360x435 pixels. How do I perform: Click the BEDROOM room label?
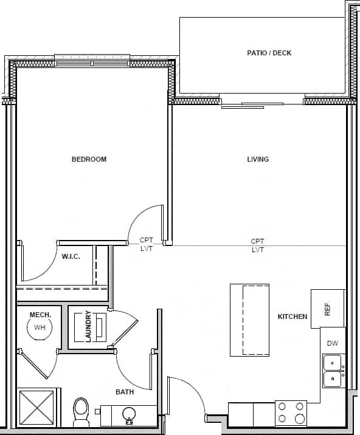click(89, 159)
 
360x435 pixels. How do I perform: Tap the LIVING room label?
click(258, 159)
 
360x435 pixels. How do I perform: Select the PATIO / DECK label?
click(269, 53)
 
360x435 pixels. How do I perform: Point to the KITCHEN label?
click(292, 317)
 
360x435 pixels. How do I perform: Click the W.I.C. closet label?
click(71, 256)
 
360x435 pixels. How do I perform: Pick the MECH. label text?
click(40, 314)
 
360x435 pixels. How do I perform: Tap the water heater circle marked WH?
click(40, 328)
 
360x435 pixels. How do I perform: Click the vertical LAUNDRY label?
click(88, 326)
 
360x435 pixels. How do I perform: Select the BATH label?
click(125, 392)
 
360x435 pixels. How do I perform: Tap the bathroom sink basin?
click(128, 414)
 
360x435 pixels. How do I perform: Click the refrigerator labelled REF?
click(327, 309)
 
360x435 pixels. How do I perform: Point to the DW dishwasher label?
click(332, 343)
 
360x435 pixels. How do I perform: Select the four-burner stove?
click(291, 413)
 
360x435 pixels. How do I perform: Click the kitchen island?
click(249, 320)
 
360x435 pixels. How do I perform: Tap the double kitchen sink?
click(332, 371)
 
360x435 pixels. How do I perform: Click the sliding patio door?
click(252, 104)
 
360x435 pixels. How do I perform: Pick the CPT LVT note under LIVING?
click(258, 245)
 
